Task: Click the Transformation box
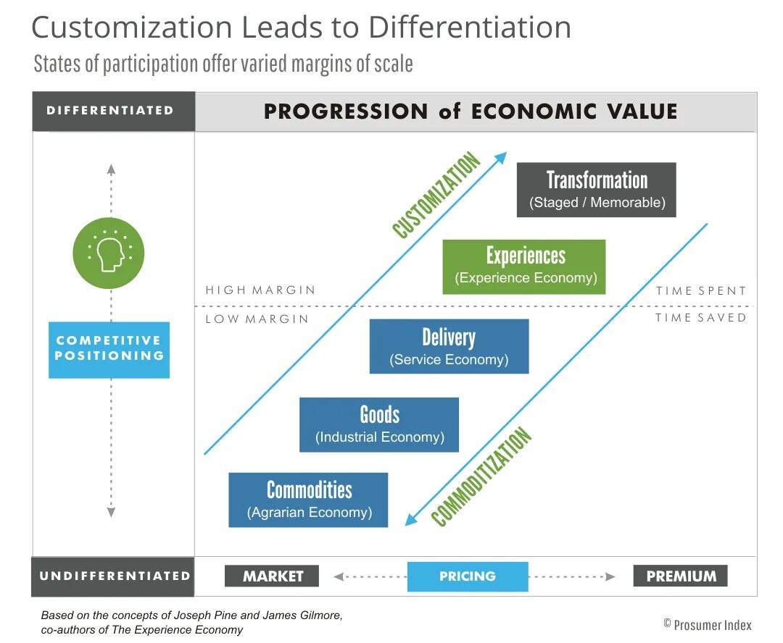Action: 596,190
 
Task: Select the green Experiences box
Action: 523,266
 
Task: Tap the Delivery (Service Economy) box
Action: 449,346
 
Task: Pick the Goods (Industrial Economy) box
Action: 379,424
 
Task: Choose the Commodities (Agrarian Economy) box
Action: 308,500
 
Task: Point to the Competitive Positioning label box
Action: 109,350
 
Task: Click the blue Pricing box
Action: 468,576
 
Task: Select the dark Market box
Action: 272,576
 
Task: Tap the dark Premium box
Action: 680,576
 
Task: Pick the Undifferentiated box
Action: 113,576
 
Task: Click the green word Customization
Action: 436,196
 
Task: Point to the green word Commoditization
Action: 481,477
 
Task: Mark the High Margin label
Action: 260,290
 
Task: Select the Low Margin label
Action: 257,319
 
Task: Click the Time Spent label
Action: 700,291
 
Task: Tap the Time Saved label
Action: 700,318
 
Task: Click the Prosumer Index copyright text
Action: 708,624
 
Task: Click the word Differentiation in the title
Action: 470,28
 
